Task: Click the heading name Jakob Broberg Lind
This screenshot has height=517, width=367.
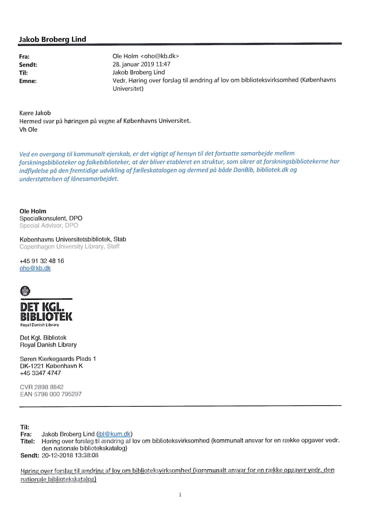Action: pyautogui.click(x=52, y=39)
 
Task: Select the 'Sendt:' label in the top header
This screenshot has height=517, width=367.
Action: pyautogui.click(x=27, y=65)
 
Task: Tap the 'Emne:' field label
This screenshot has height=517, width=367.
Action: pyautogui.click(x=27, y=80)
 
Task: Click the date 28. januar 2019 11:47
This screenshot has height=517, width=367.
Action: pyautogui.click(x=142, y=64)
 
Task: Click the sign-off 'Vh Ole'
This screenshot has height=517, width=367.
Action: pyautogui.click(x=28, y=130)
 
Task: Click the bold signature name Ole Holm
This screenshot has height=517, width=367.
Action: pyautogui.click(x=33, y=211)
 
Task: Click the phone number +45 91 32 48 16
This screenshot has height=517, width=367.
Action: pyautogui.click(x=42, y=261)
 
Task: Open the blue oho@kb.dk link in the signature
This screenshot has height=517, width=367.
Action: pyautogui.click(x=35, y=268)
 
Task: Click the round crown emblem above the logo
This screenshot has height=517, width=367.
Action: pyautogui.click(x=24, y=291)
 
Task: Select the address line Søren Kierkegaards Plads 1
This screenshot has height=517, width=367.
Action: pyautogui.click(x=58, y=359)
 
